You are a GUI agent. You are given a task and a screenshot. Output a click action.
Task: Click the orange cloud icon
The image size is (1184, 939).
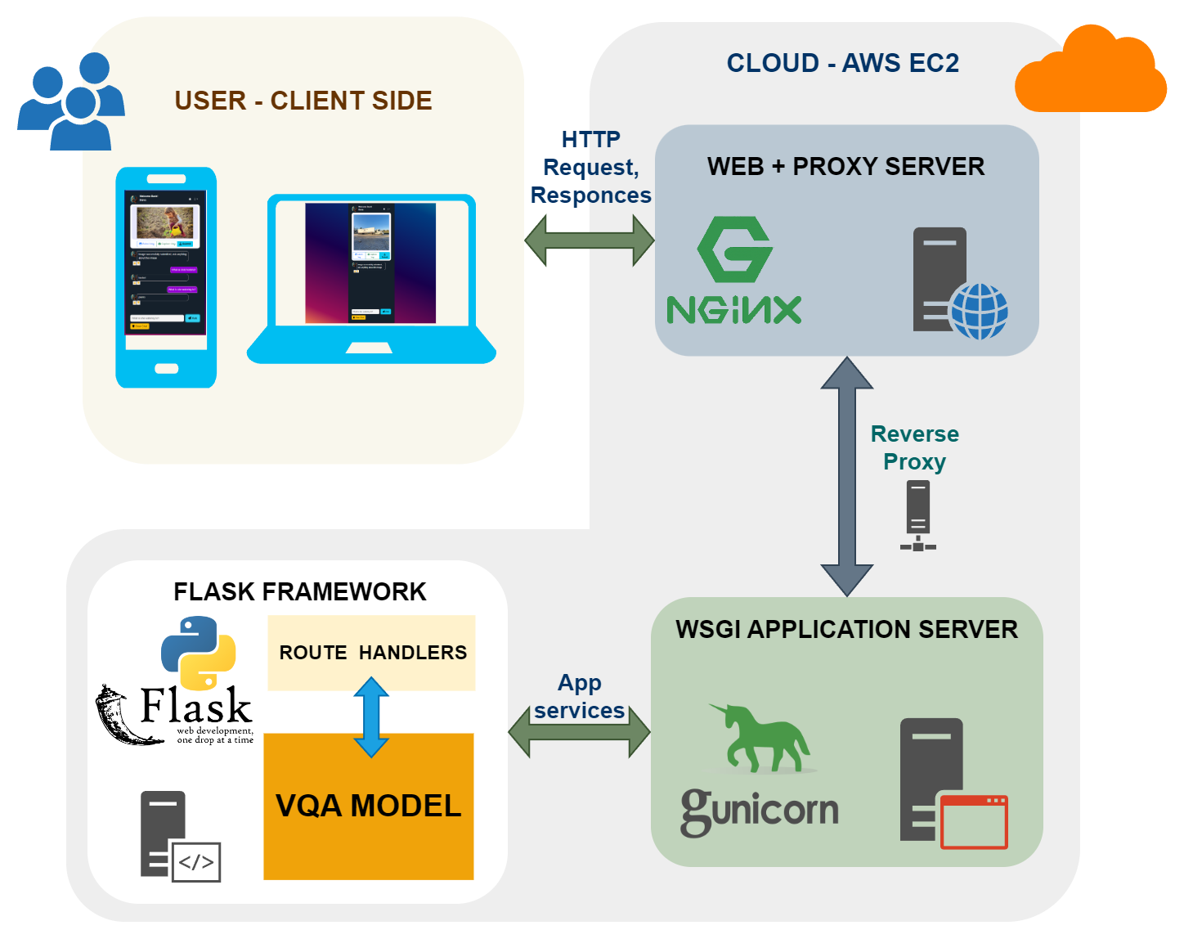[x=1090, y=74]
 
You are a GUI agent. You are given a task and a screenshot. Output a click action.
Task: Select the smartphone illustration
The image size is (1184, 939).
[x=166, y=277]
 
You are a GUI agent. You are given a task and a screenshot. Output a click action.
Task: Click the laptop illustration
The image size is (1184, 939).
[x=371, y=278]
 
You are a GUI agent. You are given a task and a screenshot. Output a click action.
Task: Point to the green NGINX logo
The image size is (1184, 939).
[x=734, y=271]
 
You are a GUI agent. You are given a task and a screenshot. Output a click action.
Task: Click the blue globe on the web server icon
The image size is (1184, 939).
[x=979, y=311]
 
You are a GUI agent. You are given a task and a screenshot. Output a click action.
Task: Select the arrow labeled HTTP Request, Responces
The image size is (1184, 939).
[x=590, y=240]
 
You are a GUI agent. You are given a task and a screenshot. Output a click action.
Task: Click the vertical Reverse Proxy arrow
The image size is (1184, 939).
[x=847, y=476]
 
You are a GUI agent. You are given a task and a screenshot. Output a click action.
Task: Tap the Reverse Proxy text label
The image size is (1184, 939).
[x=914, y=447]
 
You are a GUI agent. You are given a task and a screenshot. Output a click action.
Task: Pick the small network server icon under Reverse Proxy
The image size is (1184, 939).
[x=918, y=515]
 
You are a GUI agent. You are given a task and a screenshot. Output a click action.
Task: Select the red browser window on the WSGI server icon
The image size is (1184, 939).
[x=974, y=821]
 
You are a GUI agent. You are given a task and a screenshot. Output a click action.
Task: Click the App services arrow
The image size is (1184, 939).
[x=579, y=730]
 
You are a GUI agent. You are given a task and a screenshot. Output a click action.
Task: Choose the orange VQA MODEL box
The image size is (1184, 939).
[x=369, y=806]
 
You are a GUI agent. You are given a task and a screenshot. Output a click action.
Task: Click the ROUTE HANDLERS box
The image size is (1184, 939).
[x=372, y=653]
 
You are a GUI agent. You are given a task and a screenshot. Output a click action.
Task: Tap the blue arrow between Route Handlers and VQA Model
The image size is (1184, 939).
[x=371, y=717]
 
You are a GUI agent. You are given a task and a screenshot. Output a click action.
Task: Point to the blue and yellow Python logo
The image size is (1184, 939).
[x=199, y=652]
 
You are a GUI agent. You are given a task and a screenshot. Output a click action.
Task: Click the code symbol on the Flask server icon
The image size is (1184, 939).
[x=196, y=862]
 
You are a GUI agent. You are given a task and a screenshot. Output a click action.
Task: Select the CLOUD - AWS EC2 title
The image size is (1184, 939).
[x=842, y=63]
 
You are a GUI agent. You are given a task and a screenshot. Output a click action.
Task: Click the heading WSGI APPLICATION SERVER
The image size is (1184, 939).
[x=846, y=629]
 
